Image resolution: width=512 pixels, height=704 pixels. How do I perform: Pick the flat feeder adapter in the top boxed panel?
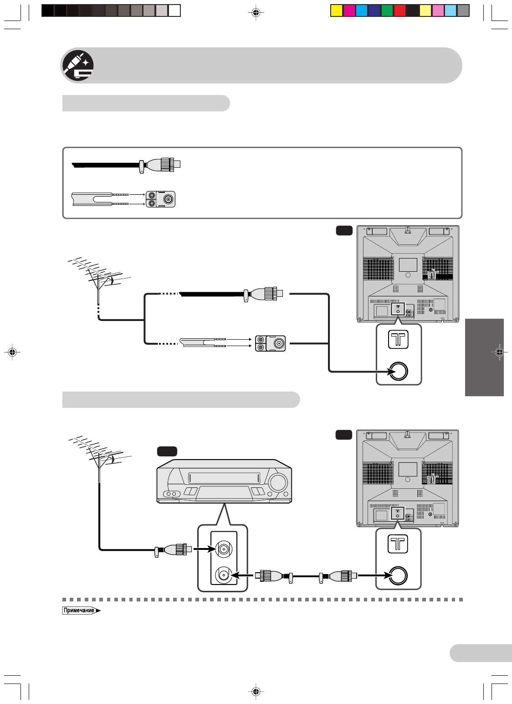pyautogui.click(x=160, y=199)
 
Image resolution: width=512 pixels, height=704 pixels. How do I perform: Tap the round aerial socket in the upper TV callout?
pyautogui.click(x=398, y=371)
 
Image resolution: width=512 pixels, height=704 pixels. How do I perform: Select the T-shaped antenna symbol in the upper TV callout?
pyautogui.click(x=398, y=340)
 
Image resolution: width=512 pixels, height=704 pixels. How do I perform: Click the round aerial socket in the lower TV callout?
pyautogui.click(x=398, y=575)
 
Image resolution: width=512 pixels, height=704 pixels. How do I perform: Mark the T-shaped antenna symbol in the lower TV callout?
pyautogui.click(x=398, y=544)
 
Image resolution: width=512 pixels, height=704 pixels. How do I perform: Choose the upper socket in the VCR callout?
pyautogui.click(x=224, y=549)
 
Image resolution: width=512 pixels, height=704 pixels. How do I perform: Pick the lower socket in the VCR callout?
pyautogui.click(x=224, y=575)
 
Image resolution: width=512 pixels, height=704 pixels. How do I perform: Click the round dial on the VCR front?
pyautogui.click(x=278, y=482)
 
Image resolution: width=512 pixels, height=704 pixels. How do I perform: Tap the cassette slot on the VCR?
pyautogui.click(x=224, y=478)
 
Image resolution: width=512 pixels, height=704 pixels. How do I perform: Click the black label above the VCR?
pyautogui.click(x=167, y=451)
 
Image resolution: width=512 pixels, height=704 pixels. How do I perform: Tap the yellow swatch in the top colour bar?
pyautogui.click(x=337, y=10)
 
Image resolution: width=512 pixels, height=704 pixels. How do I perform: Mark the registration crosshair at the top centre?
pyautogui.click(x=256, y=13)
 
